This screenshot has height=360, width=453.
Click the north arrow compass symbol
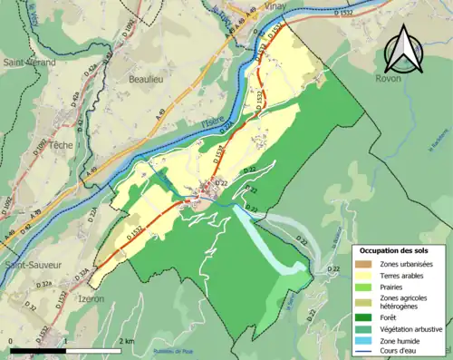click(x=403, y=49)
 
